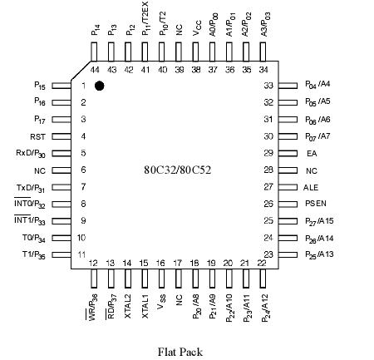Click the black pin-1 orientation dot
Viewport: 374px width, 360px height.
[x=99, y=86]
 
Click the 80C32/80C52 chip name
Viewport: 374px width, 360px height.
[x=178, y=170]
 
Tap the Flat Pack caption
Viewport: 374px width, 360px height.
[x=180, y=351]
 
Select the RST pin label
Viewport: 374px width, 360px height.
[x=37, y=136]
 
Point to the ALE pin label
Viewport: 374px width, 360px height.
[x=311, y=187]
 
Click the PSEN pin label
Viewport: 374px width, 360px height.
[x=312, y=204]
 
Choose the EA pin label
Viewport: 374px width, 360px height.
[x=312, y=154]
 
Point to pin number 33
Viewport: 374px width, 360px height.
[x=268, y=86]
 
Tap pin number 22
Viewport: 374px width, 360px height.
[x=262, y=263]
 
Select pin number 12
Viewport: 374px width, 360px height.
[x=94, y=263]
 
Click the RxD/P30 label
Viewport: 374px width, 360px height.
[x=31, y=153]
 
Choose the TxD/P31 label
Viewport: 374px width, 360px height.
[x=31, y=187]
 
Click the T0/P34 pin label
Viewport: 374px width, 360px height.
[x=33, y=238]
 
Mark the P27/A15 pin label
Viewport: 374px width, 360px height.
[x=318, y=221]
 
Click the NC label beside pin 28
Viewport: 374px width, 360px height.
[x=312, y=170]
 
